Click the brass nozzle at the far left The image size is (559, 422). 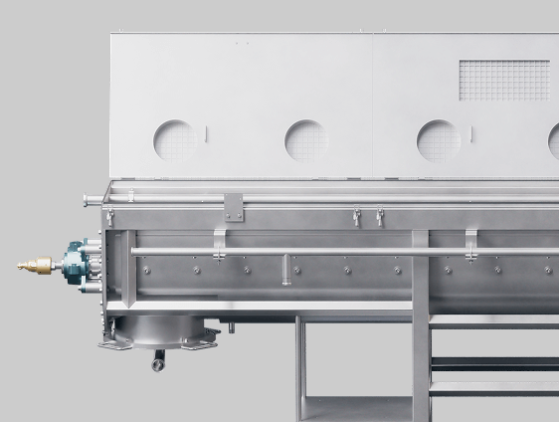click(35, 265)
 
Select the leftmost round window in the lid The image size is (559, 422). click(175, 140)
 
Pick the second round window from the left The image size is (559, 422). click(306, 140)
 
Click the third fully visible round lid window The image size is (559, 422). click(439, 140)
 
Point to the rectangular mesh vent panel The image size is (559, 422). click(503, 80)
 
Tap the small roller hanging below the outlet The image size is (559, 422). click(157, 364)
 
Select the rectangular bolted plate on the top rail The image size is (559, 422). click(233, 206)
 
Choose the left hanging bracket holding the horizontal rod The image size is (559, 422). click(219, 240)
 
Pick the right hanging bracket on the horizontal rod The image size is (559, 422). click(471, 240)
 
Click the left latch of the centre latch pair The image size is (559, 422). click(356, 216)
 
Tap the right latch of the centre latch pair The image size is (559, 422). click(379, 216)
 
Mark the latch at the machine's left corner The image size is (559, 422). click(109, 217)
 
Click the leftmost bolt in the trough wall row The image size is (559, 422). click(146, 270)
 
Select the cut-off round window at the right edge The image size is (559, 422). click(553, 140)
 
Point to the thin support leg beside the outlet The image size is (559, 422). click(299, 367)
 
